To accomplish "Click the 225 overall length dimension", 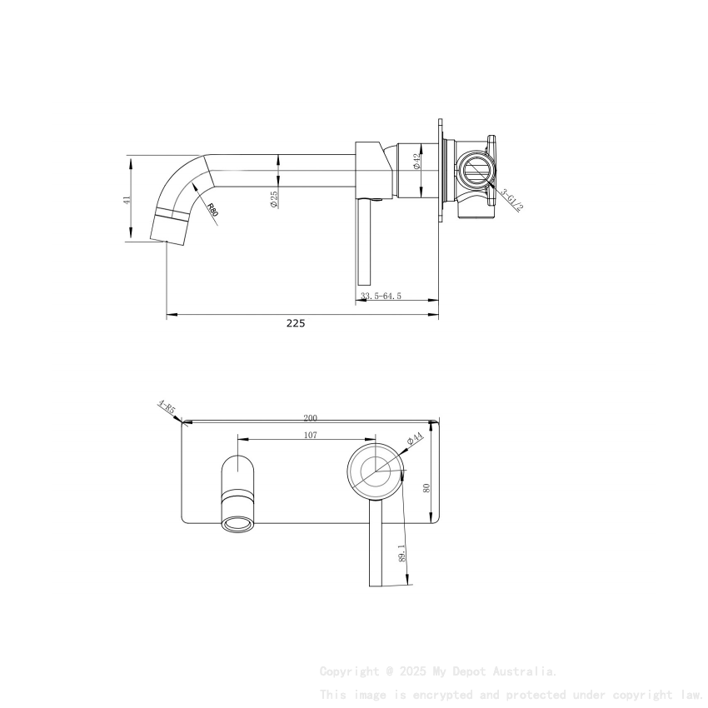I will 296,323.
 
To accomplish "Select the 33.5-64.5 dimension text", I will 381,296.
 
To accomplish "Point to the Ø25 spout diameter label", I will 274,198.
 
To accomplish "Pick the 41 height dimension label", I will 127,199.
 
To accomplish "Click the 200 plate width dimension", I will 311,418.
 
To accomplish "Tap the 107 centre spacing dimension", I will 310,434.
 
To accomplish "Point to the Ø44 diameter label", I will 415,439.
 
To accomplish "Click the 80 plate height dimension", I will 427,487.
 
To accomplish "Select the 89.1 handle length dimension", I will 401,553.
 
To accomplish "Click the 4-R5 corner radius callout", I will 167,408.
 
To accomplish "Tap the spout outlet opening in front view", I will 237,523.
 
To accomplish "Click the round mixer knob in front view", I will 376,471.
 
